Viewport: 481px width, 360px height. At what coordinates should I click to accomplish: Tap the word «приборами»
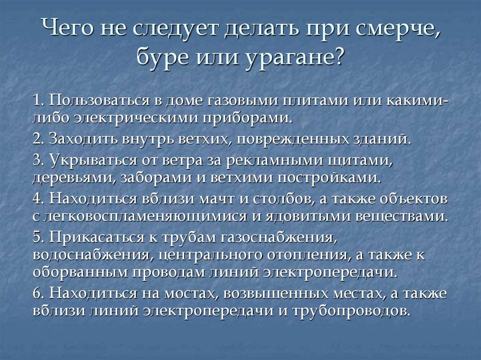click(248, 115)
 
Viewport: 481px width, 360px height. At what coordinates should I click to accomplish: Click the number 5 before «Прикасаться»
click(37, 238)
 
